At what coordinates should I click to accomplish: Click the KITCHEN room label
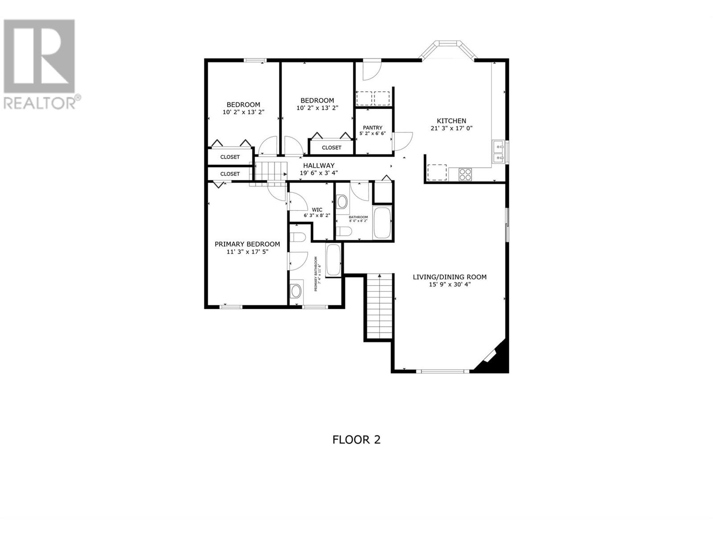pos(451,121)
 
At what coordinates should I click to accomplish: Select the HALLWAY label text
pos(319,166)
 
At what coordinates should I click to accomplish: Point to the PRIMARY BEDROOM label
pos(247,244)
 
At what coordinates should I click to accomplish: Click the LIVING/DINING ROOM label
pos(450,277)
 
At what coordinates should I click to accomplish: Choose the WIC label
pos(317,210)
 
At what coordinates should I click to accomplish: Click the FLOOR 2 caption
pos(356,440)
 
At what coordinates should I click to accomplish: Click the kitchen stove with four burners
pos(465,174)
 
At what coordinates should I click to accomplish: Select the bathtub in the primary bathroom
pos(333,260)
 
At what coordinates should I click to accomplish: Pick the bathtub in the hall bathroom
pos(382,223)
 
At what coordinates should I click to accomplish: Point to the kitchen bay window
pos(448,50)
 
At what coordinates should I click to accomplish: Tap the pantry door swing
pos(402,141)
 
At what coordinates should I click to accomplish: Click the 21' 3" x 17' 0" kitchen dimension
pos(451,128)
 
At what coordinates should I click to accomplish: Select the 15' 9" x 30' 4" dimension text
pos(450,284)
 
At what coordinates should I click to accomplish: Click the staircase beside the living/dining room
pos(380,307)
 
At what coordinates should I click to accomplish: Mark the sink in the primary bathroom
pos(296,291)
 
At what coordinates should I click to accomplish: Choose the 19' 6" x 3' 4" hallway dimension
pos(319,173)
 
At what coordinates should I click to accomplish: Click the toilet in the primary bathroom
pos(297,237)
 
